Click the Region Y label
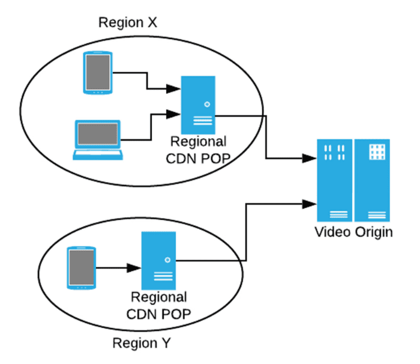pos(142,344)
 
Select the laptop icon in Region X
pos(98,140)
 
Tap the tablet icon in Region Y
pos(82,267)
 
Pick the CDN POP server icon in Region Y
pos(159,261)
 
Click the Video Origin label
pos(354,232)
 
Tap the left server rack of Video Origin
pos(334,181)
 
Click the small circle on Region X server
pos(207,104)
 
